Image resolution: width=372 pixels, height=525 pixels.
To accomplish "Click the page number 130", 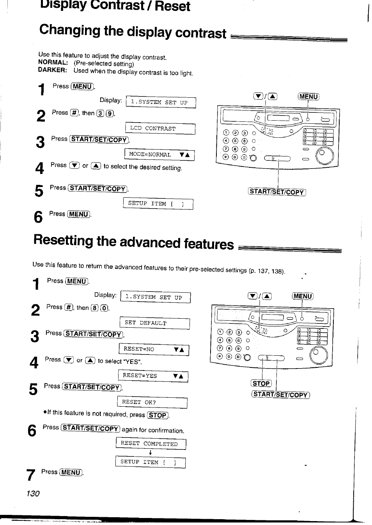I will point(33,493).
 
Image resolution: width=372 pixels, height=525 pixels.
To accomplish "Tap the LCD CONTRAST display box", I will point(160,128).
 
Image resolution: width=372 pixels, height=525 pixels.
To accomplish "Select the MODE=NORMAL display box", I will point(159,155).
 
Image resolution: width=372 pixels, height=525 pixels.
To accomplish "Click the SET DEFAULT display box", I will point(154,323).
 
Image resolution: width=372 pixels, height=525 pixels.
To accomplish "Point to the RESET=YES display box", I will point(153,376).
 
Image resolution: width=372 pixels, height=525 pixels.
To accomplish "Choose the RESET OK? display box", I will point(152,402).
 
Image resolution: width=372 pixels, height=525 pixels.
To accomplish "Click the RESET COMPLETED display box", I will point(151,444).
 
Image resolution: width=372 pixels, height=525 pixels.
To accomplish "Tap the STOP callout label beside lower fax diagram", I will point(261,383).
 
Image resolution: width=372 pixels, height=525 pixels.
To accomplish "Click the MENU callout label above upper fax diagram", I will point(308,97).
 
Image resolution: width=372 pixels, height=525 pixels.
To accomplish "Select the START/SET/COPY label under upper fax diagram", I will point(277,191).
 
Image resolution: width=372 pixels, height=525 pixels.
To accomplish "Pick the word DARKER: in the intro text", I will point(53,70).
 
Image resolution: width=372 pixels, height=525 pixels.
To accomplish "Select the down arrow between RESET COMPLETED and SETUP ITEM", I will point(150,453).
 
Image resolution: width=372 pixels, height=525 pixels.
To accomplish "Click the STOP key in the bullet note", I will point(158,415).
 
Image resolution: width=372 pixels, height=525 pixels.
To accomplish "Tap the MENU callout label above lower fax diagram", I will point(303,296).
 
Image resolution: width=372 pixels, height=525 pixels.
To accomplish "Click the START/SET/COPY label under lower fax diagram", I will point(280,395).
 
